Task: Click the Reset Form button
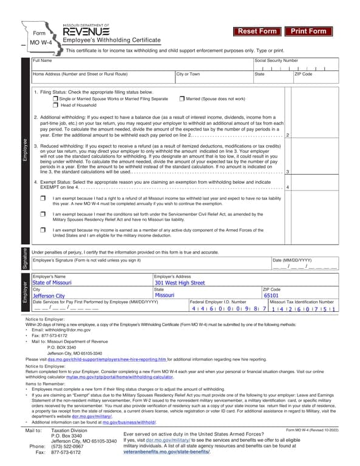pos(257,31)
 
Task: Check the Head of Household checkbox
pos(56,106)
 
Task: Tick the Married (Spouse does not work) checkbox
pos(182,98)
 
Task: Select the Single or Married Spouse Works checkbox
pos(56,98)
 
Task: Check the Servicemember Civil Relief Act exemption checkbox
pos(42,215)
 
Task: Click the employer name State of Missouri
pos(52,283)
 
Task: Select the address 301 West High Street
pos(180,283)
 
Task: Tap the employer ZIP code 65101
pos(271,295)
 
